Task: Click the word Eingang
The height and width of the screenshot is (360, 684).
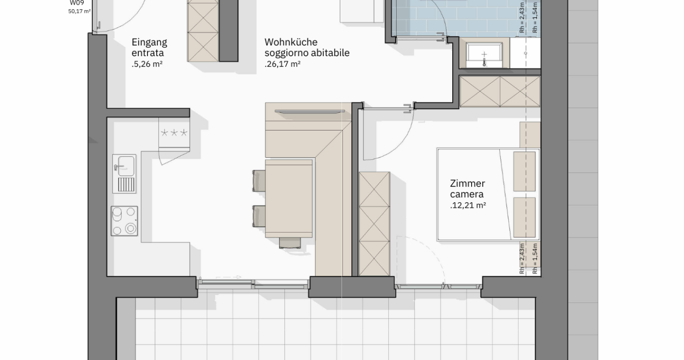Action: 150,42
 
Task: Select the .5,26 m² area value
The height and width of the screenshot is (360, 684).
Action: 147,64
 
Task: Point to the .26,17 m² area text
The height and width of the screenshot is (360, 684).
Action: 282,64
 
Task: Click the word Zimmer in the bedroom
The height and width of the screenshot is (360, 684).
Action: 467,183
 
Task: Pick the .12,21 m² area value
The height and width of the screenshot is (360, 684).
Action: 468,205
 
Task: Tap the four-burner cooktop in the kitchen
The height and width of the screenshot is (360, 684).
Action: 124,221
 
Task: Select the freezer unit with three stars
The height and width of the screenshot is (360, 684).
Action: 174,133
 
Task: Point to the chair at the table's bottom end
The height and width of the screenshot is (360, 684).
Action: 290,243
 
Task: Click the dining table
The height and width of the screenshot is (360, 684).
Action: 288,198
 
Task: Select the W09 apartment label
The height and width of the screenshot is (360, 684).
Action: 77,3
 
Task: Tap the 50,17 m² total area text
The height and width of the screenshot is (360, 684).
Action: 80,11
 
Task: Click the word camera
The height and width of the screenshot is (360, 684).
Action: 467,194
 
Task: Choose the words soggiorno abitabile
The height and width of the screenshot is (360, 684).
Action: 307,53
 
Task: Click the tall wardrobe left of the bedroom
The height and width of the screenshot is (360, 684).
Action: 374,224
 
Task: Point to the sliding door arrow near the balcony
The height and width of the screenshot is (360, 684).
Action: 228,277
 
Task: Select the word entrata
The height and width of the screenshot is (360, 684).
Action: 148,53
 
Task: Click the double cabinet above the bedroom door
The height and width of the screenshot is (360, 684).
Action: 500,91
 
